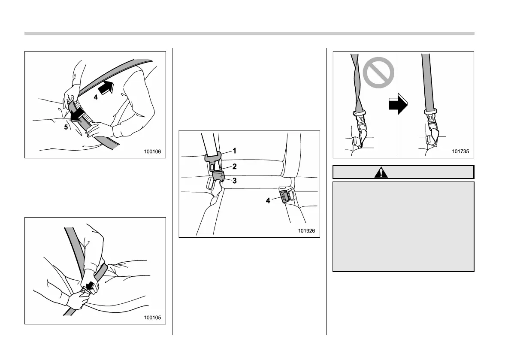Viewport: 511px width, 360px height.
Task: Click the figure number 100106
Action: point(152,151)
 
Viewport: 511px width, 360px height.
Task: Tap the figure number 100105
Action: point(152,318)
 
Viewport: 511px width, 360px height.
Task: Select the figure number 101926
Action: point(306,231)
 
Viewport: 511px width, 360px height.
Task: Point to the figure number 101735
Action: point(460,151)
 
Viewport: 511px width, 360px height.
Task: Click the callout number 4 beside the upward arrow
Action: point(96,97)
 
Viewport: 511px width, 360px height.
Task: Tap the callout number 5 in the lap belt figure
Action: point(66,127)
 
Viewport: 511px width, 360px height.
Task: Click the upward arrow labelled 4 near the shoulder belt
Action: point(106,88)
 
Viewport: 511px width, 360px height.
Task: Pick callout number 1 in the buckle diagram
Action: point(234,151)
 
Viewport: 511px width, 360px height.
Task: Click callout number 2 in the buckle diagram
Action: point(234,166)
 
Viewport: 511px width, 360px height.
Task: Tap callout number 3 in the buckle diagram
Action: point(234,181)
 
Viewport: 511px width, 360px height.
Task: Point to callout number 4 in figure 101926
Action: point(268,201)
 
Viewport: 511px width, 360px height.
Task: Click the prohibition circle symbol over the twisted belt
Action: point(378,73)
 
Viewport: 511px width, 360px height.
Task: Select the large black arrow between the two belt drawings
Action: point(398,104)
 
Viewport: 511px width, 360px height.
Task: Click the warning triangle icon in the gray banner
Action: point(381,172)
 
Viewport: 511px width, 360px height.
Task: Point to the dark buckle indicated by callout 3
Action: point(218,176)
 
